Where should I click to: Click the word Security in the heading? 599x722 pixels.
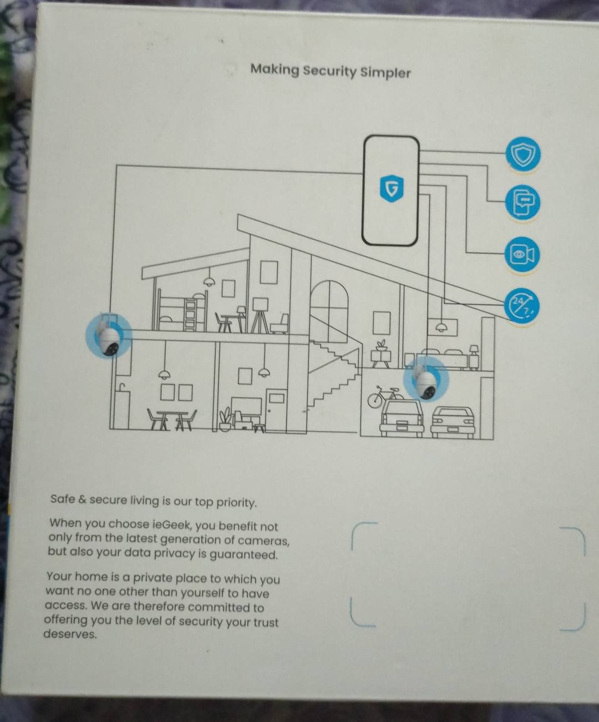[x=329, y=72]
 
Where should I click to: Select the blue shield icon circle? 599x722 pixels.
[x=522, y=154]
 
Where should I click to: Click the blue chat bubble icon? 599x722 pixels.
[x=522, y=203]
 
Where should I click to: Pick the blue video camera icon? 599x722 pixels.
[x=522, y=255]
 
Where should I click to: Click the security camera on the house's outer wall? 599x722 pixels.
[x=108, y=335]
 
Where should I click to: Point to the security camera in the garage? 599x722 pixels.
[x=426, y=378]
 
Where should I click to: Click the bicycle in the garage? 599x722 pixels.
[x=384, y=396]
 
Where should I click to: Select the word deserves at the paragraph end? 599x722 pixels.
[x=70, y=634]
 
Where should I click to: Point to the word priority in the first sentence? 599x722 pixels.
[x=237, y=503]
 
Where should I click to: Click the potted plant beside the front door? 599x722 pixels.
[x=225, y=419]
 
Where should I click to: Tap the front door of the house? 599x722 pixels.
[x=276, y=411]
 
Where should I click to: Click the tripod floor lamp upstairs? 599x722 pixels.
[x=260, y=315]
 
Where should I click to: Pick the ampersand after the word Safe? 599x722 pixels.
[x=82, y=499]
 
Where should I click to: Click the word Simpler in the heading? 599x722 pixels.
[x=385, y=73]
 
